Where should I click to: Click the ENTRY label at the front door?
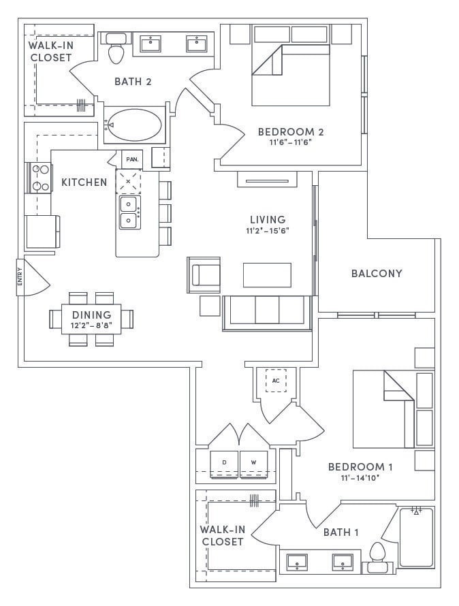(x=20, y=276)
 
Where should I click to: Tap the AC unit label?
(x=276, y=381)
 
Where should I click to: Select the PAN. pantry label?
(x=132, y=159)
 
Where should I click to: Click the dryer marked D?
(x=224, y=462)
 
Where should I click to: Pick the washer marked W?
(x=253, y=462)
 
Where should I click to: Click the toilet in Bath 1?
(x=376, y=556)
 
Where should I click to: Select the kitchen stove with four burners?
(x=39, y=178)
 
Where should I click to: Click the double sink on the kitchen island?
(x=128, y=212)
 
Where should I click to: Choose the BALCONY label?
(x=377, y=274)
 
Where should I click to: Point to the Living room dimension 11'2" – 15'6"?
(x=267, y=232)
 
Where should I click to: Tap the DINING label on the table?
(x=92, y=315)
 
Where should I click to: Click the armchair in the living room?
(x=205, y=274)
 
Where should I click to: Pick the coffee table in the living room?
(x=267, y=274)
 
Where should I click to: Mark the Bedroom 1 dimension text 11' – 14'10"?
(x=361, y=478)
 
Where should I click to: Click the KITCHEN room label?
(x=84, y=182)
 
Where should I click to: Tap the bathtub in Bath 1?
(x=415, y=537)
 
